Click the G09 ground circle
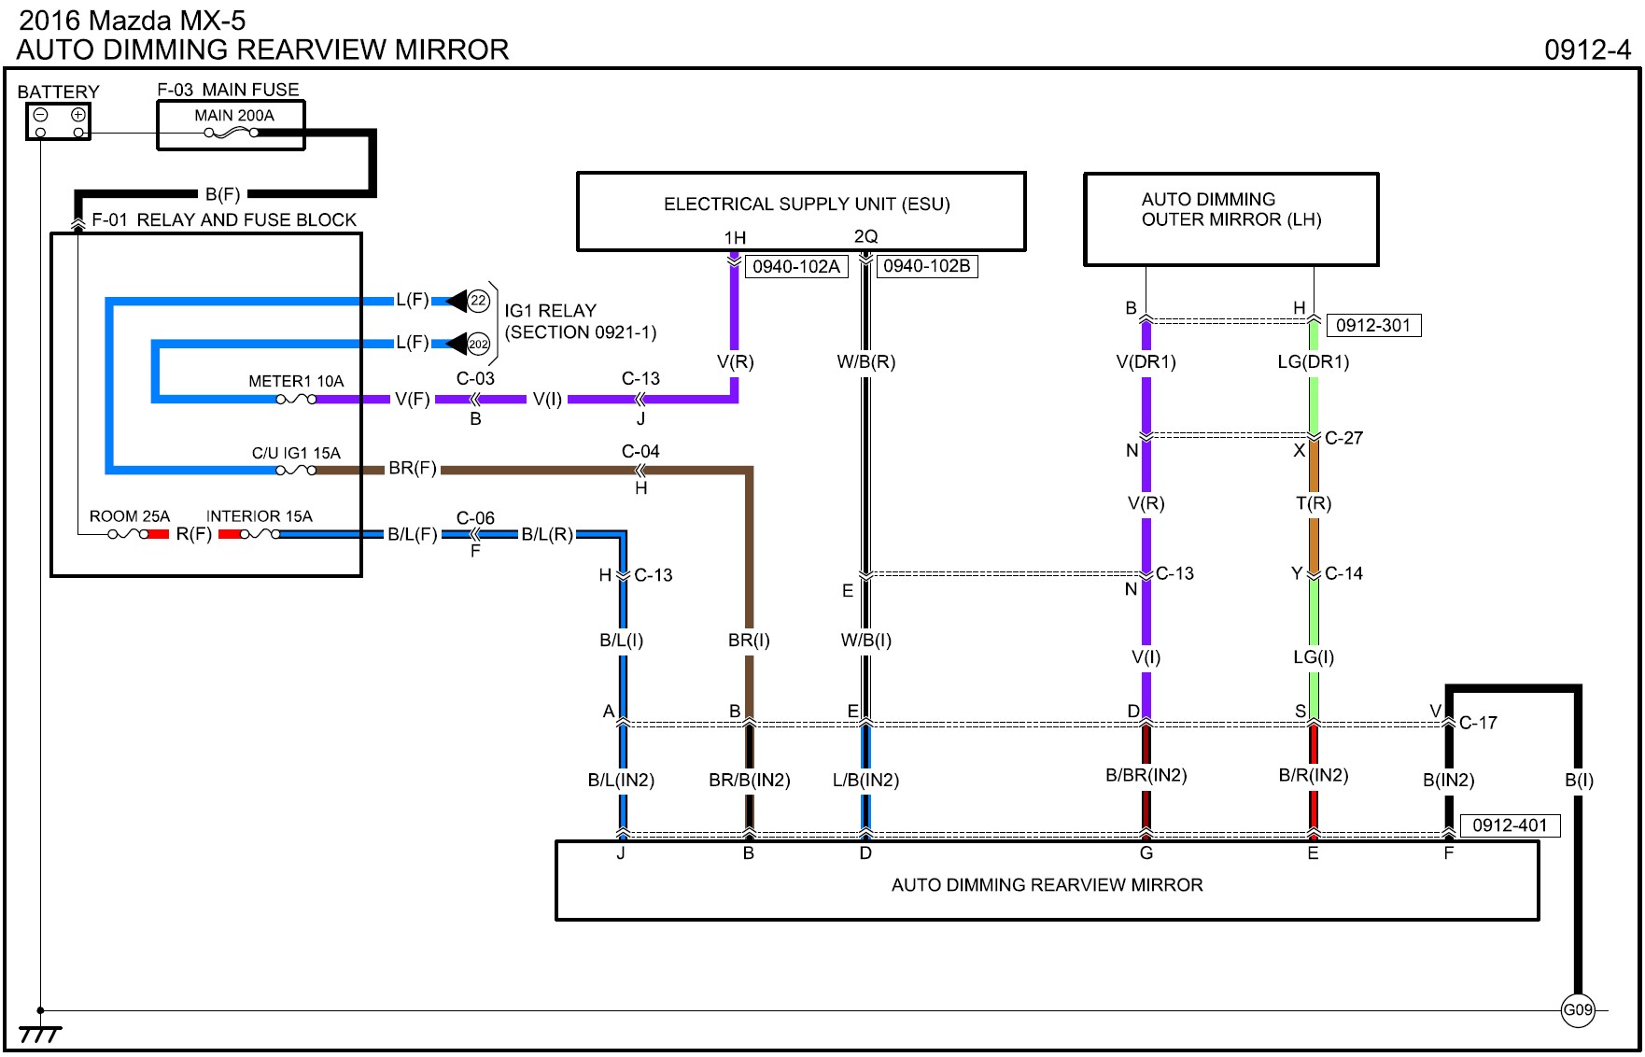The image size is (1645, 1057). (x=1578, y=1009)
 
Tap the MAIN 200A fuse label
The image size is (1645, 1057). (x=234, y=116)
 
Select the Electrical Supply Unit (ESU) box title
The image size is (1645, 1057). (x=807, y=204)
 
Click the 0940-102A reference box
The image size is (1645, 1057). (x=796, y=267)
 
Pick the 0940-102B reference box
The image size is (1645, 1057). (x=927, y=266)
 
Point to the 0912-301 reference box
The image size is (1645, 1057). (x=1373, y=326)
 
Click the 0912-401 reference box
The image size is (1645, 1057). (x=1510, y=825)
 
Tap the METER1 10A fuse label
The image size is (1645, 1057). (x=296, y=381)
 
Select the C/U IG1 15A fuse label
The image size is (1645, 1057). (x=296, y=453)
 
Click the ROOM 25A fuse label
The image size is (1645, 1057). (x=130, y=516)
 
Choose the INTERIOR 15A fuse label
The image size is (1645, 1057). (x=260, y=516)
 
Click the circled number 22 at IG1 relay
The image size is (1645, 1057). (x=479, y=301)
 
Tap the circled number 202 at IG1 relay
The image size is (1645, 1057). (x=479, y=344)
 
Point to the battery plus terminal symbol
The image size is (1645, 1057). (x=78, y=116)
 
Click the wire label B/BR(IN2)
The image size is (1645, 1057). (x=1146, y=775)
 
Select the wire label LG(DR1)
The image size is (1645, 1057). (x=1314, y=362)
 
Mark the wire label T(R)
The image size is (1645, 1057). (x=1314, y=504)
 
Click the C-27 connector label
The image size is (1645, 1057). (x=1343, y=438)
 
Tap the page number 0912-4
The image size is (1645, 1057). (x=1587, y=49)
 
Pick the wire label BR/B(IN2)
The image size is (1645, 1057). (x=750, y=781)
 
